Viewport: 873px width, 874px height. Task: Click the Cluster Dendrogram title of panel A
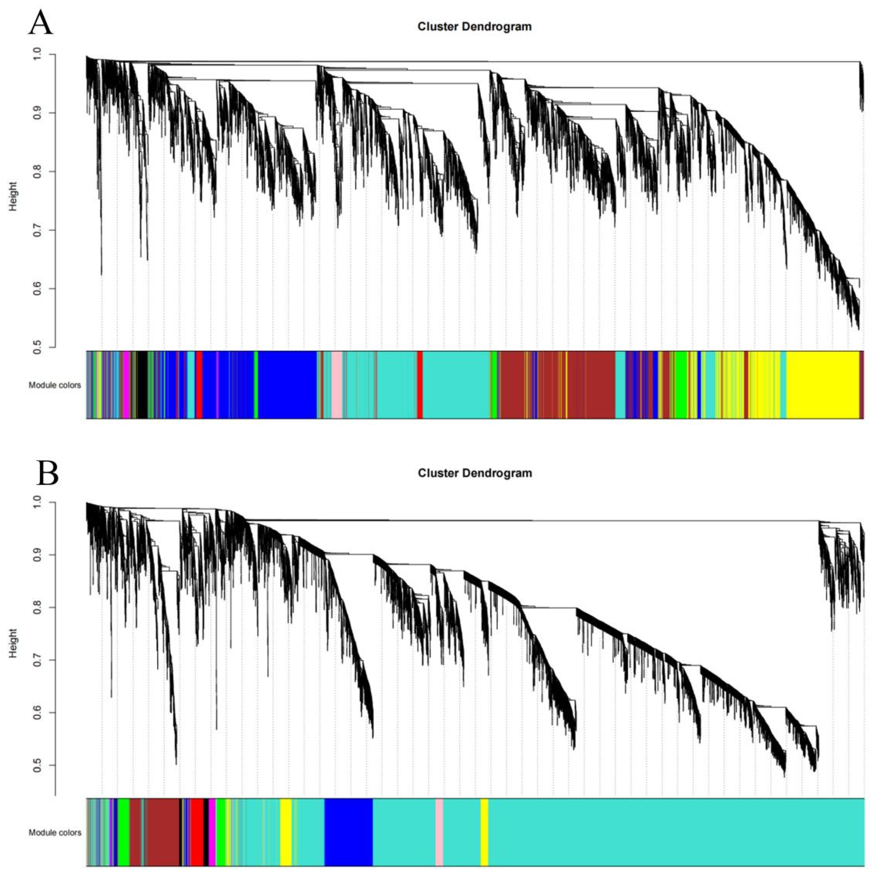475,27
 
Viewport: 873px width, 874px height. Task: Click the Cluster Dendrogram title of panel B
475,473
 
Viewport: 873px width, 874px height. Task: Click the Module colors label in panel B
55,832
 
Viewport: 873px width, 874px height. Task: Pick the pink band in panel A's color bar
337,384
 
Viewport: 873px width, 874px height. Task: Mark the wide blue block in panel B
348,832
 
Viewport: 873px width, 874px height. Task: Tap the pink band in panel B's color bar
439,832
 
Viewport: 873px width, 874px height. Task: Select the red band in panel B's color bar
197,832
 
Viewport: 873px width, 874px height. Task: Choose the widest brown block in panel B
163,832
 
